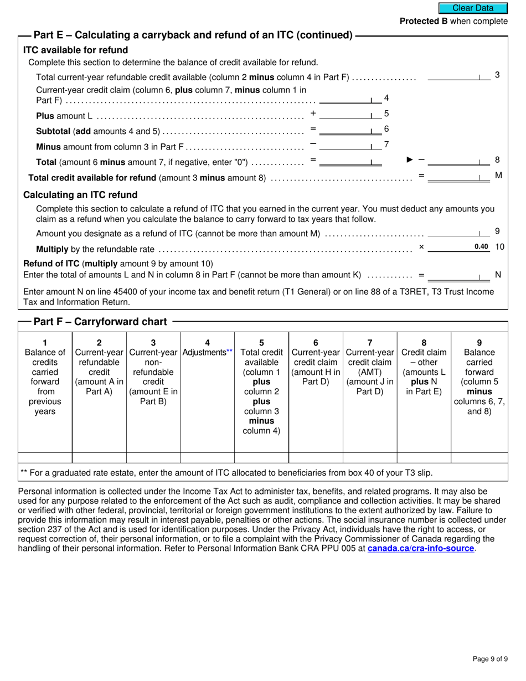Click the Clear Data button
click(x=473, y=8)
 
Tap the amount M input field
click(x=459, y=177)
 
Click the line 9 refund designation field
click(x=459, y=233)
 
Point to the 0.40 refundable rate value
click(x=481, y=247)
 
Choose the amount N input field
click(x=459, y=275)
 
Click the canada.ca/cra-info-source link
click(x=421, y=548)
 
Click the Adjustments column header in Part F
click(x=207, y=352)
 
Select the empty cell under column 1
click(x=45, y=458)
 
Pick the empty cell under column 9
click(x=479, y=458)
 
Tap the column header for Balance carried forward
click(x=479, y=376)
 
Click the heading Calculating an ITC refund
click(x=80, y=195)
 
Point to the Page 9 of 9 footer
click(x=490, y=659)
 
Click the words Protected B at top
click(x=424, y=21)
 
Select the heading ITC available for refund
click(x=75, y=50)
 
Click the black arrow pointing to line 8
click(x=410, y=160)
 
